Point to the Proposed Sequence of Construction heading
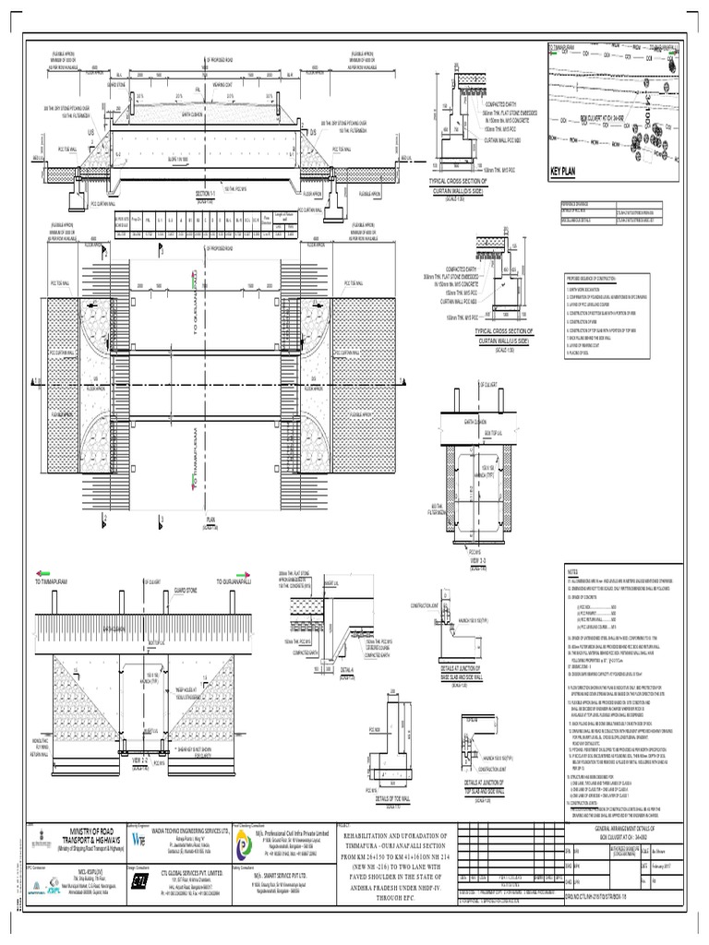[599, 277]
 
